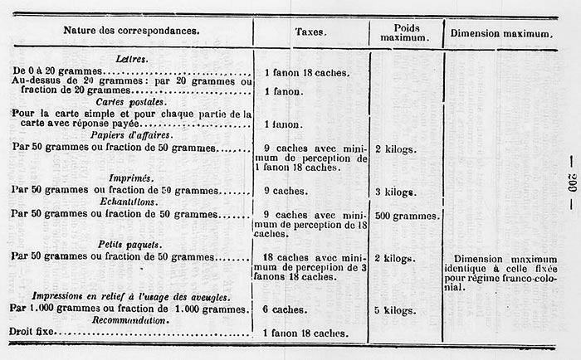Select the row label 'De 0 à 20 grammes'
click(61, 72)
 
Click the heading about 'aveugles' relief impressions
click(130, 296)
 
